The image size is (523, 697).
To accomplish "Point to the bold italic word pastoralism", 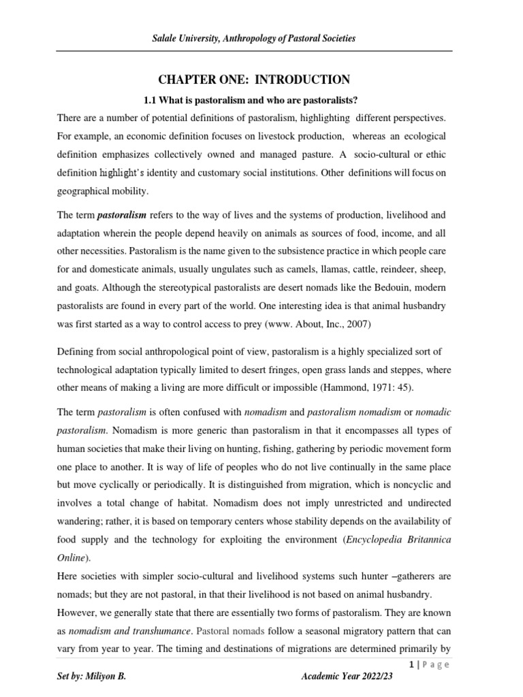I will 123,214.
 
